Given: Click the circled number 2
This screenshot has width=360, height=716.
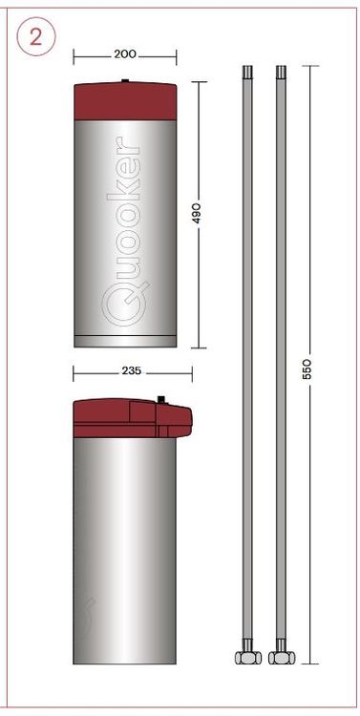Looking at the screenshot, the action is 36,36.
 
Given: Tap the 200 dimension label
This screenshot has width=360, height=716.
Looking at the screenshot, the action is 125,54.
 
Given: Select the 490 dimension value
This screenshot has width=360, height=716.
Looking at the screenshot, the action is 197,213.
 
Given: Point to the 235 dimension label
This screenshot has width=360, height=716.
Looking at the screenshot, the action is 131,370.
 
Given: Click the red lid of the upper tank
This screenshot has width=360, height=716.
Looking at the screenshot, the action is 125,100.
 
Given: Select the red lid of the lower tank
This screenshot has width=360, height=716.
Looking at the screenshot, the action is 133,418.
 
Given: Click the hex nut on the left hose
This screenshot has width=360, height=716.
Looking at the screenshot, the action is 248,657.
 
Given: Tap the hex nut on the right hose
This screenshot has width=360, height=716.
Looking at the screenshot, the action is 282,657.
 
